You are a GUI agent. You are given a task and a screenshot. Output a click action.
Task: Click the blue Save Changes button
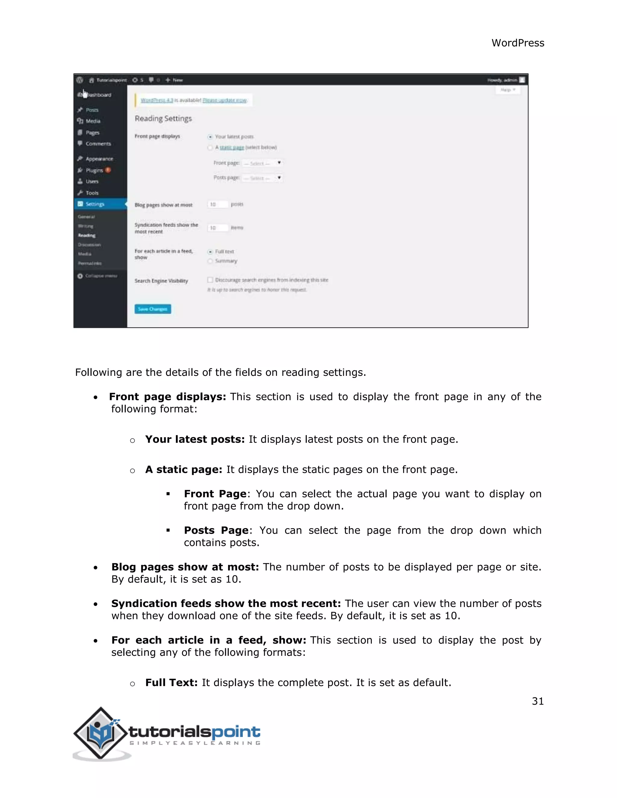pyautogui.click(x=152, y=309)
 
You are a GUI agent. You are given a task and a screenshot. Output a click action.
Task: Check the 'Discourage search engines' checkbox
pyautogui.click(x=210, y=280)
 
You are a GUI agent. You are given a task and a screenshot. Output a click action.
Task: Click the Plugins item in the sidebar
pyautogui.click(x=94, y=170)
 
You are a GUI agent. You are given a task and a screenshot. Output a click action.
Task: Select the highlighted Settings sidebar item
pyautogui.click(x=95, y=204)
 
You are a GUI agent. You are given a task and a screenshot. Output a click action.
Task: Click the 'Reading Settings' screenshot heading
pyautogui.click(x=163, y=118)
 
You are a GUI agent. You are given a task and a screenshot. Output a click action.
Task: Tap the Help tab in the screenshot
pyautogui.click(x=507, y=90)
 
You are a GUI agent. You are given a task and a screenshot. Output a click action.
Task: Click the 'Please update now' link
pyautogui.click(x=225, y=100)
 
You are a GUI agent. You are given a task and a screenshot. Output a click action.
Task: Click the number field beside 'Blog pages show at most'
pyautogui.click(x=218, y=204)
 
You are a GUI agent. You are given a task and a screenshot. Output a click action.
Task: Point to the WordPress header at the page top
pyautogui.click(x=518, y=43)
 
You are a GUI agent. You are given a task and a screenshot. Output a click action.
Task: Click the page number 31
pyautogui.click(x=538, y=701)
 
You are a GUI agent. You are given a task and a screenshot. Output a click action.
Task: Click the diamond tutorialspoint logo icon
pyautogui.click(x=101, y=733)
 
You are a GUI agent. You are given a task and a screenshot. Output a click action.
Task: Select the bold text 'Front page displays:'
pyautogui.click(x=168, y=397)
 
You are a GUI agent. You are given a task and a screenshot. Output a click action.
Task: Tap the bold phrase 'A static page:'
pyautogui.click(x=183, y=469)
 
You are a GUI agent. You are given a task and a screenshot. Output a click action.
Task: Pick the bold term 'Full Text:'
pyautogui.click(x=171, y=683)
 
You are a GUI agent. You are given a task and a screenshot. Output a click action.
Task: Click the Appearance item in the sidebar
pyautogui.click(x=99, y=159)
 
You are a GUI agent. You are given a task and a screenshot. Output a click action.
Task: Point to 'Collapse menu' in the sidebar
pyautogui.click(x=101, y=276)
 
